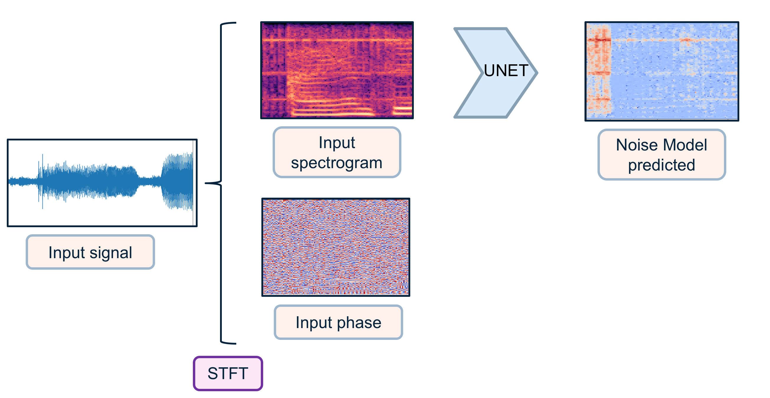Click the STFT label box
(228, 373)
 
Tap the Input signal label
(90, 252)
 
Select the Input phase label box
(338, 322)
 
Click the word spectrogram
(337, 163)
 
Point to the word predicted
(662, 165)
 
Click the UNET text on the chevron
(506, 71)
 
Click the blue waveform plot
(102, 182)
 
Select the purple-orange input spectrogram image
(337, 70)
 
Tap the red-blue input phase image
(336, 247)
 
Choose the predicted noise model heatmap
(662, 71)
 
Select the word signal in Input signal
(111, 253)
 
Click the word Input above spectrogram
(337, 143)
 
